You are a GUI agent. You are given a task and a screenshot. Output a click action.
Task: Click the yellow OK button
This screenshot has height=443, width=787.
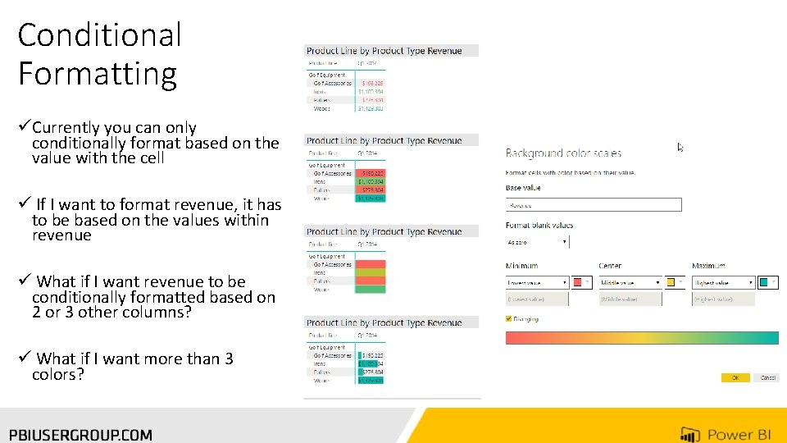click(x=735, y=377)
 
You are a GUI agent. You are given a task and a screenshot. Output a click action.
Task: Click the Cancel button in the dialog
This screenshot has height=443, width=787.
click(x=767, y=377)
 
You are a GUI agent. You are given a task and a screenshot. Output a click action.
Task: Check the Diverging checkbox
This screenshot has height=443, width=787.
click(x=509, y=319)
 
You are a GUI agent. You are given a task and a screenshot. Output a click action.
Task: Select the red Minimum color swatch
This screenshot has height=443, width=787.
click(x=579, y=282)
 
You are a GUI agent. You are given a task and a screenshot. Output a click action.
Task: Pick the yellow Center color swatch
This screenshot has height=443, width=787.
click(x=671, y=282)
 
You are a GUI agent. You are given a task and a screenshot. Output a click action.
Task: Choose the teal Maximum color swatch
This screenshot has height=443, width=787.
click(x=764, y=282)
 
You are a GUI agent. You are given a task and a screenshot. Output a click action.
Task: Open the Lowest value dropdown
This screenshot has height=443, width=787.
click(x=538, y=282)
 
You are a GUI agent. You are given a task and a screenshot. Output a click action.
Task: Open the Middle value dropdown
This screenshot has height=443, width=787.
click(x=630, y=282)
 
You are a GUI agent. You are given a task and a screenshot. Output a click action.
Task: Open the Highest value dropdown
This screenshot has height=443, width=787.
click(x=724, y=282)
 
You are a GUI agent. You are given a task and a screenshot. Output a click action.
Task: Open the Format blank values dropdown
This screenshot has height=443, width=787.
click(x=538, y=242)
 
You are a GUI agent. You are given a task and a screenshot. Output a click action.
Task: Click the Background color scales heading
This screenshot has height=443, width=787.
click(x=563, y=153)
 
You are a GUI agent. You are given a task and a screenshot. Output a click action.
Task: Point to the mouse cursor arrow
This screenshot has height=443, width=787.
click(x=680, y=148)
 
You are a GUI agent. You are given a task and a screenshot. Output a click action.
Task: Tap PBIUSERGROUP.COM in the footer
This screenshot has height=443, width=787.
click(x=80, y=434)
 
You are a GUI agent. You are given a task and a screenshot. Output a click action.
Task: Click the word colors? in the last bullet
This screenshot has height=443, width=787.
click(x=57, y=375)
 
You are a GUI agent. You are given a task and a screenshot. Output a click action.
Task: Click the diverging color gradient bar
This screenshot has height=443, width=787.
click(x=641, y=337)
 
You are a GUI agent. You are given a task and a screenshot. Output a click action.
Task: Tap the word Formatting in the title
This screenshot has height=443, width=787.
click(x=97, y=73)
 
